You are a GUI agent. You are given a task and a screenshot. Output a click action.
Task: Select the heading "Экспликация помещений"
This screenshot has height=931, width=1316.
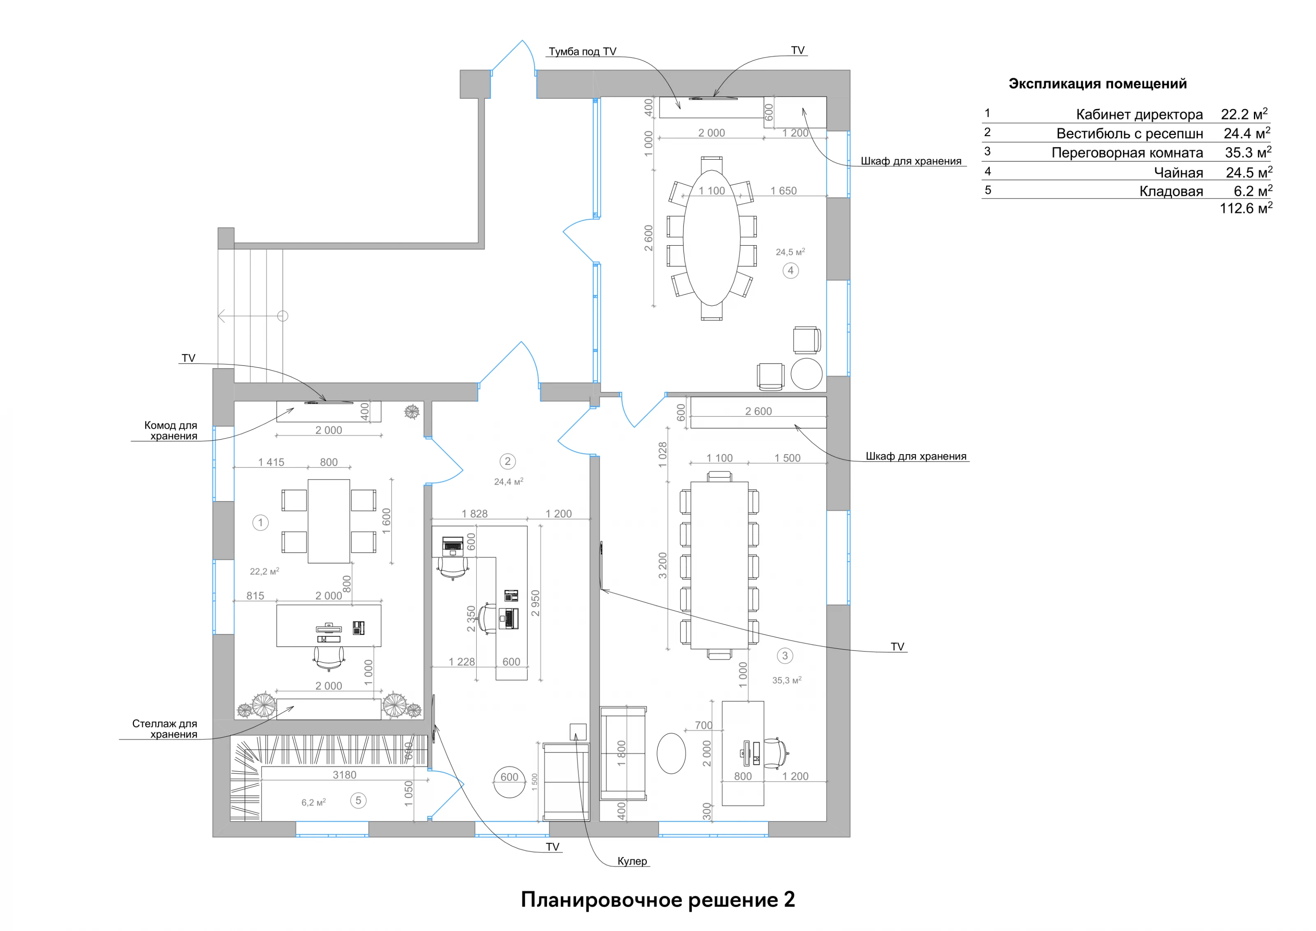(x=1097, y=84)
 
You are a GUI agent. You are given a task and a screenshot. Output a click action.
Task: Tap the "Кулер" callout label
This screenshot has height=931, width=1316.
(x=632, y=861)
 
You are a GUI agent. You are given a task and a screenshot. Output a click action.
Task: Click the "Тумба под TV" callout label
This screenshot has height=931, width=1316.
(x=582, y=51)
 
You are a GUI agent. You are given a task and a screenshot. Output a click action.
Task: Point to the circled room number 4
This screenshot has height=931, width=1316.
(x=790, y=271)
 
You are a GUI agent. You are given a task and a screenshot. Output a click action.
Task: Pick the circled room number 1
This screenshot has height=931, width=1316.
(x=260, y=522)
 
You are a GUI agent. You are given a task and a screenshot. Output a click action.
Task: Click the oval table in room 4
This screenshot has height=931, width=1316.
(x=711, y=237)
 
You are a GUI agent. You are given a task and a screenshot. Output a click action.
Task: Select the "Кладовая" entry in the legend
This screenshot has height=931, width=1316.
(x=1170, y=191)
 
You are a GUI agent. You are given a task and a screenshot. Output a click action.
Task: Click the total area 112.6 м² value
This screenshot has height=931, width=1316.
(x=1245, y=209)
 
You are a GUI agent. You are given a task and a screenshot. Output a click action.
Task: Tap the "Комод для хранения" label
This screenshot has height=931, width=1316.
(x=171, y=430)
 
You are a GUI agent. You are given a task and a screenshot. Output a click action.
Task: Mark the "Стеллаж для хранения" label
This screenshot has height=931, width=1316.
(x=165, y=729)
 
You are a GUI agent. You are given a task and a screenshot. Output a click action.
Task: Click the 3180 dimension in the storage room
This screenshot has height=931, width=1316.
(x=345, y=775)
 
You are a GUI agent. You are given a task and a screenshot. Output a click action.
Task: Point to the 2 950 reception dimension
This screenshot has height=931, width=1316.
(x=536, y=603)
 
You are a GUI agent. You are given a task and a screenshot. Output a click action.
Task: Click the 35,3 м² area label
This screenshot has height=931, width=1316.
(x=786, y=680)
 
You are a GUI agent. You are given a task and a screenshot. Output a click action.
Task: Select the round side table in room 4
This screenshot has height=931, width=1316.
(x=806, y=374)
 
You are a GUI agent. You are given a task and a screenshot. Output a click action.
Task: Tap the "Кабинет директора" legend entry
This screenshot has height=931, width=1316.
(x=1139, y=115)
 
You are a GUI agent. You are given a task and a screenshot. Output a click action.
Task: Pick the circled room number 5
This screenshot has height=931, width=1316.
(x=358, y=800)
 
